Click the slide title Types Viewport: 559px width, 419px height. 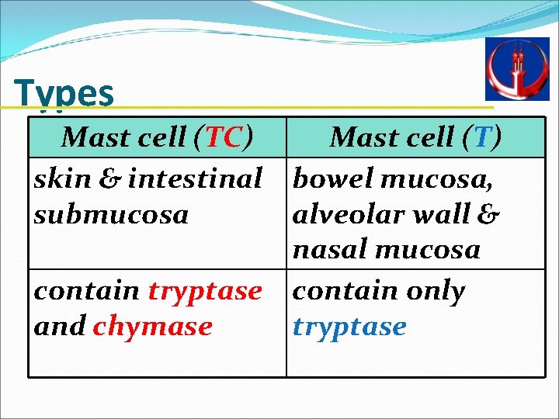point(64,93)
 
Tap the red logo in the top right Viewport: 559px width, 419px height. point(516,69)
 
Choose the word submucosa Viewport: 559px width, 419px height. point(111,214)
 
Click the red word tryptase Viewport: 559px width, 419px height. point(204,291)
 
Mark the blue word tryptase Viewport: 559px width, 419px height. point(349,327)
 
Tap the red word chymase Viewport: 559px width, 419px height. point(152,327)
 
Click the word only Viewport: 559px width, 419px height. point(432,291)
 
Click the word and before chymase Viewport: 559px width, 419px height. point(59,327)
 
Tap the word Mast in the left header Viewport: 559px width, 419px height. point(95,137)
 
